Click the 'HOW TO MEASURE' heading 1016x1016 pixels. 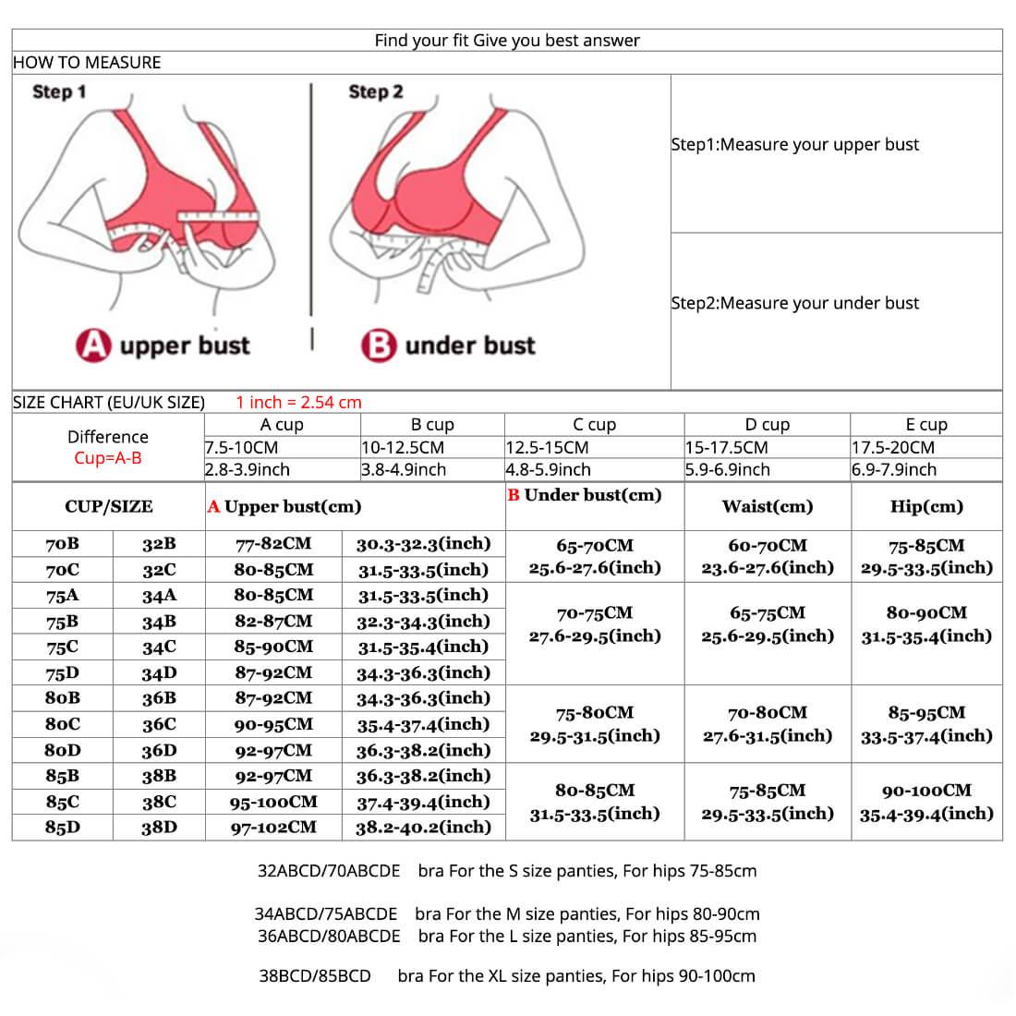[87, 63]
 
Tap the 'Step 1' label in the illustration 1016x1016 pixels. [59, 92]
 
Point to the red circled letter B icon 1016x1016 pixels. [379, 345]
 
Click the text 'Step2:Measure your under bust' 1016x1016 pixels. [795, 303]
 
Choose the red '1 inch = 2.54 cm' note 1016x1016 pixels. [299, 403]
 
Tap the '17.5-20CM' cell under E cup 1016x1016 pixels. [893, 447]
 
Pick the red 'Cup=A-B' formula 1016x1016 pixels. [108, 458]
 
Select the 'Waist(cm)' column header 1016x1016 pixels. [768, 506]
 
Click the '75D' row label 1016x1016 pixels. [62, 672]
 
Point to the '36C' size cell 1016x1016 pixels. [159, 724]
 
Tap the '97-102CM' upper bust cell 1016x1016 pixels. [273, 828]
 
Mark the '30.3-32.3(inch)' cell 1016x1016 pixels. [424, 544]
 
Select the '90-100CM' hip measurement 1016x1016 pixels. [926, 791]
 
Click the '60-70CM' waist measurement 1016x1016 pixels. [768, 546]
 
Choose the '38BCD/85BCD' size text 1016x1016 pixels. [315, 976]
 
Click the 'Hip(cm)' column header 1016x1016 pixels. [926, 506]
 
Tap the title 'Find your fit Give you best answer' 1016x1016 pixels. [507, 41]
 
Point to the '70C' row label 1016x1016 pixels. [62, 570]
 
